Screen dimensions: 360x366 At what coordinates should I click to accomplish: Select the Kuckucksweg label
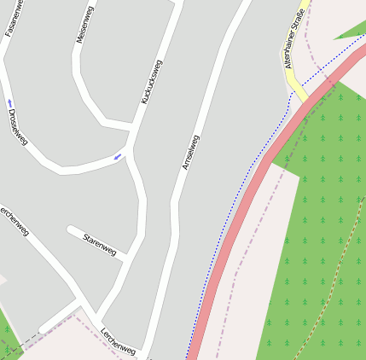[151, 82]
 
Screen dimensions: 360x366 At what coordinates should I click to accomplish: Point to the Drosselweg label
[17, 126]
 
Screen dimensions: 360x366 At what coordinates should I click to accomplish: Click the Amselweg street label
[190, 152]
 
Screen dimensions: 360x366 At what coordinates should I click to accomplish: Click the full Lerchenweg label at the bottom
[118, 342]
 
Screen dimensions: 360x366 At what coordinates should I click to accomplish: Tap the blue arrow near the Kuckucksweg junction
[119, 155]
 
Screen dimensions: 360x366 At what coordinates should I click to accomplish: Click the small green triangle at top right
[353, 30]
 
